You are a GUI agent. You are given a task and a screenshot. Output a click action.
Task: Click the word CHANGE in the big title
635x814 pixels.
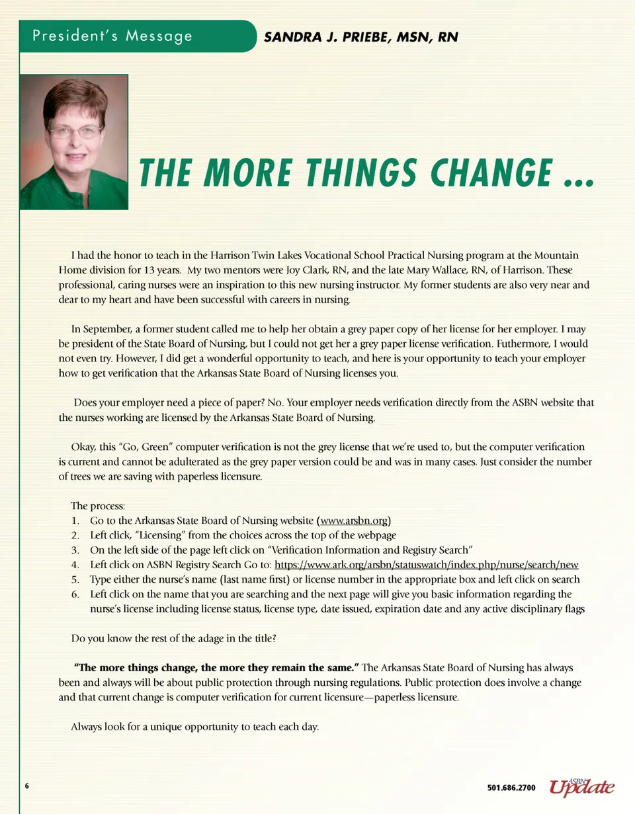click(490, 173)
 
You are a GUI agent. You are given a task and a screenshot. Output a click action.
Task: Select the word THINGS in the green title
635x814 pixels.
click(353, 173)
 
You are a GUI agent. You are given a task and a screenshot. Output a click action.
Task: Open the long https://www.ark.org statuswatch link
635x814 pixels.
click(426, 564)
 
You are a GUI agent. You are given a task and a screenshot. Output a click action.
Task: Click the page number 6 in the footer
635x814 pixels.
click(27, 786)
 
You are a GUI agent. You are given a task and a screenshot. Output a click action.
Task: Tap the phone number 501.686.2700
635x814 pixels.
click(511, 788)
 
